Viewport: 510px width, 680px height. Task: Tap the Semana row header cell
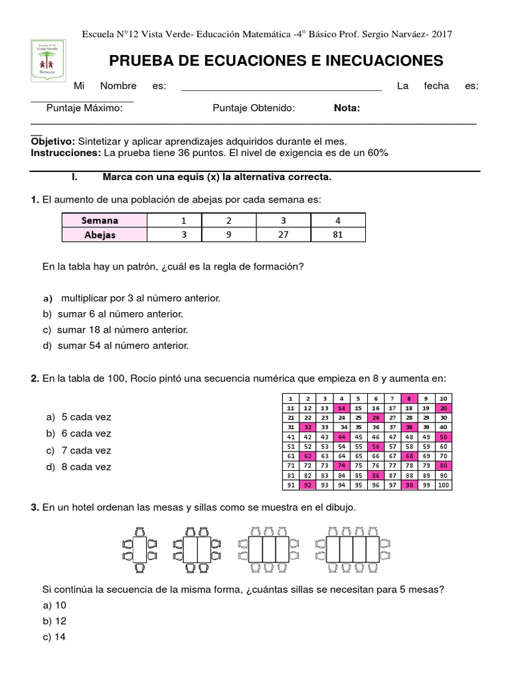pyautogui.click(x=100, y=220)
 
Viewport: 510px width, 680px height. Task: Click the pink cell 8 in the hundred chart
pyautogui.click(x=410, y=398)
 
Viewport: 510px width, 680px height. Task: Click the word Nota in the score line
pyautogui.click(x=347, y=108)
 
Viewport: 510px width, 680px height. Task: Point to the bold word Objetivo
pyautogui.click(x=52, y=141)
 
